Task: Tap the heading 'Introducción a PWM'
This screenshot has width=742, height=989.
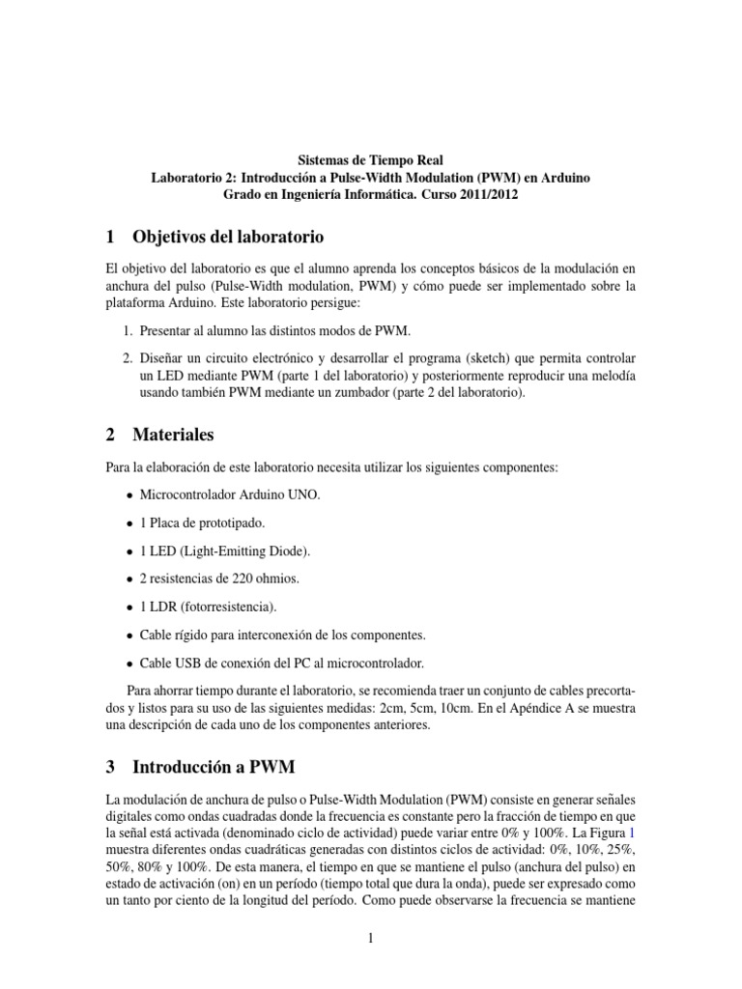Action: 214,767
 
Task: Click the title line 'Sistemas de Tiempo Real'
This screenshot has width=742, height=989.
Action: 370,160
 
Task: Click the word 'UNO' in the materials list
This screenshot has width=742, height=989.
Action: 300,495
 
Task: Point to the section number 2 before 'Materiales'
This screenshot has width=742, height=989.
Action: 110,436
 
